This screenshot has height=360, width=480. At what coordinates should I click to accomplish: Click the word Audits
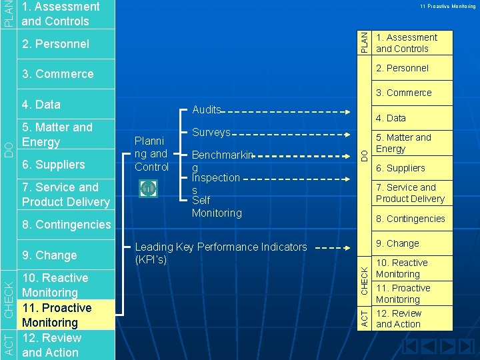[x=206, y=110]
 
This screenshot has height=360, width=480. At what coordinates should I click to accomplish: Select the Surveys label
[x=211, y=133]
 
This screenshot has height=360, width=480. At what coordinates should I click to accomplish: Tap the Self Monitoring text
[x=217, y=207]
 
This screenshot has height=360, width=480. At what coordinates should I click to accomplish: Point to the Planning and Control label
[x=151, y=154]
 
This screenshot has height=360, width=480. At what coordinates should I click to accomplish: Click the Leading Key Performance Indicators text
[x=221, y=253]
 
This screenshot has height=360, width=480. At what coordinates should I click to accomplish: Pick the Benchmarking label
[x=223, y=161]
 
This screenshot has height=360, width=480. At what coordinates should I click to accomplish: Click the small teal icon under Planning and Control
[x=148, y=189]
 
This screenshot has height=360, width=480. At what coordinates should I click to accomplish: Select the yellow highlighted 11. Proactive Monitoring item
[x=57, y=315]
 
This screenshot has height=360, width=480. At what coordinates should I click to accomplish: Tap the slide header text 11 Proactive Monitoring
[x=447, y=6]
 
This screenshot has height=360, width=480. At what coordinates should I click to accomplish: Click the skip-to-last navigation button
[x=466, y=347]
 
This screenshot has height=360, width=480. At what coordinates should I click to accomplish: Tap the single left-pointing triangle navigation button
[x=430, y=347]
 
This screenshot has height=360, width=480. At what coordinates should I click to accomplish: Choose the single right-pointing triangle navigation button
[x=448, y=347]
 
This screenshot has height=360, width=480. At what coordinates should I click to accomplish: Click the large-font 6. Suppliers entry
[x=53, y=165]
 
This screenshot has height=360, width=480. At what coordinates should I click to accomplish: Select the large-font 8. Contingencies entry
[x=66, y=224]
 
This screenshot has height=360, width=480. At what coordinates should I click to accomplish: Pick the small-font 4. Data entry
[x=391, y=118]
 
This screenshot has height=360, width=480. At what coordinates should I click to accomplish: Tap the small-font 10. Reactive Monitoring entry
[x=401, y=268]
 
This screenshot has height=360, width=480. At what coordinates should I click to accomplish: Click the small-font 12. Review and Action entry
[x=399, y=319]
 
